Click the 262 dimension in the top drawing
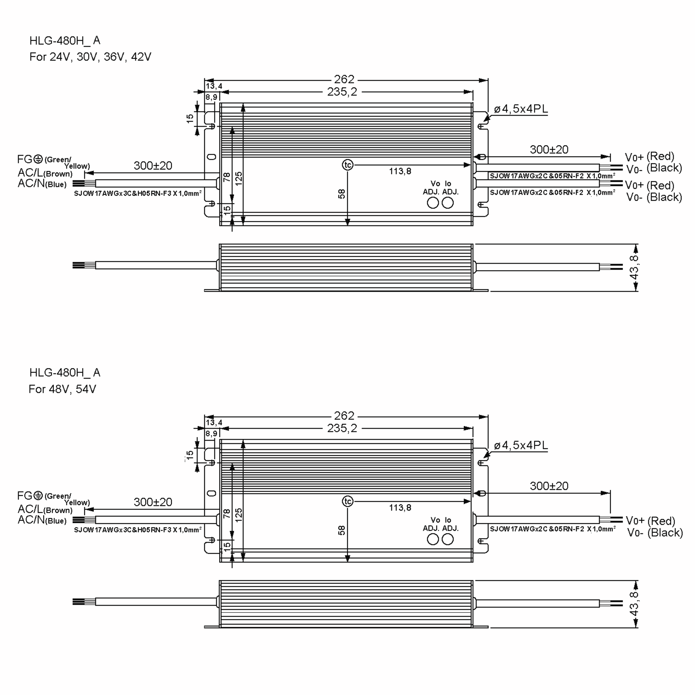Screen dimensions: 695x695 344,79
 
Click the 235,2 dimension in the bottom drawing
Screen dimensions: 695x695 342,428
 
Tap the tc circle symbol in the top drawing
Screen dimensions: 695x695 348,165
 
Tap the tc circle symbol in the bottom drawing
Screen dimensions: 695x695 348,501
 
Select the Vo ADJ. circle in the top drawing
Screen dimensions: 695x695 433,203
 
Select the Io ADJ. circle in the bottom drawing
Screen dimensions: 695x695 447,539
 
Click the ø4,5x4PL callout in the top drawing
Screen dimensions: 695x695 521,109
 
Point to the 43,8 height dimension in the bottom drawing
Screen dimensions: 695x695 634,604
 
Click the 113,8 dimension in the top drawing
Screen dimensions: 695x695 400,171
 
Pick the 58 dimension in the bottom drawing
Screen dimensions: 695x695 341,530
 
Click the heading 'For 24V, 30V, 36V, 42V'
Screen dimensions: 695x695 90,57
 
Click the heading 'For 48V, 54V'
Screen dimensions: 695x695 62,389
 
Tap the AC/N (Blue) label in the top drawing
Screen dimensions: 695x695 42,184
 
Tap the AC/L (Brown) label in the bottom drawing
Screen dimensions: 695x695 45,509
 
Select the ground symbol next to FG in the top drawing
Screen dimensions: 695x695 38,159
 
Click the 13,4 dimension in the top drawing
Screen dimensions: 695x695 214,86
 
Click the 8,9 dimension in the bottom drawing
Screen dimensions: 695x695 211,434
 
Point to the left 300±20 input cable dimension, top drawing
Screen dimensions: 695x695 153,165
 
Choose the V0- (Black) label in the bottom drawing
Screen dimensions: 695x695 655,533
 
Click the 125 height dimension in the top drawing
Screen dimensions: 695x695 239,178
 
